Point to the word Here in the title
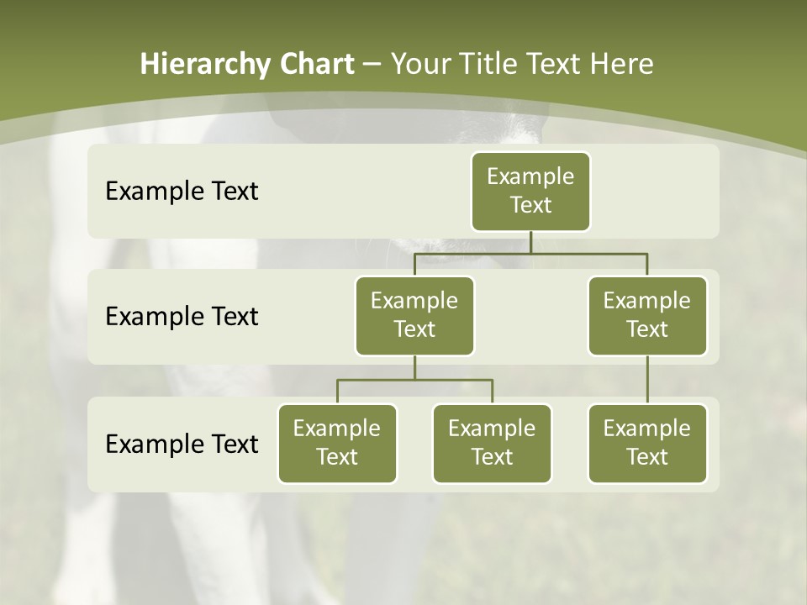pos(621,65)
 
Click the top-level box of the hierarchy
pos(530,192)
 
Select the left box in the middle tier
pos(414,316)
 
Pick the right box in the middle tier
pos(647,316)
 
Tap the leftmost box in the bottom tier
pos(337,444)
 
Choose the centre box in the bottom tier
pos(492,444)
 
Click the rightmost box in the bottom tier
pos(647,444)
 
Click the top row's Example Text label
pos(182,192)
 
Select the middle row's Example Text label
pos(182,317)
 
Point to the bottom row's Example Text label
pos(182,444)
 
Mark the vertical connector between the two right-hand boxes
pos(647,380)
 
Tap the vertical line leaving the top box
pos(530,242)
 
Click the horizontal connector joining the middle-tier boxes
pos(530,253)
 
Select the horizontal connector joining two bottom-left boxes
pos(414,380)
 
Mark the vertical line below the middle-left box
pos(414,367)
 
